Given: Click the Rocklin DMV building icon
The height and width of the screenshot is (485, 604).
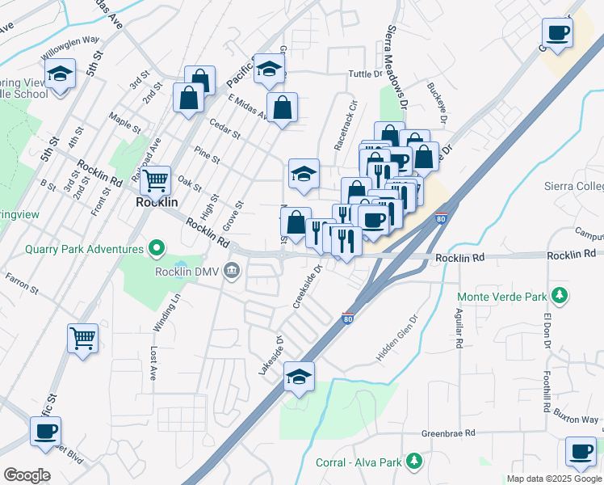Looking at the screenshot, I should tap(232, 270).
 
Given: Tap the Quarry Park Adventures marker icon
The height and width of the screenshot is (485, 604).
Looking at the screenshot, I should tap(157, 249).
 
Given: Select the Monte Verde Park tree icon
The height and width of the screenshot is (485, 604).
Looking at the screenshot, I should tap(558, 295).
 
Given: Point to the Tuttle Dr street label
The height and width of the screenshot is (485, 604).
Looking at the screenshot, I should tap(364, 74).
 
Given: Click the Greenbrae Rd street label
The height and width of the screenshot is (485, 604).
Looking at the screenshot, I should tap(445, 434).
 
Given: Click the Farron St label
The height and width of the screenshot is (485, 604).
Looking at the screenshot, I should tap(22, 284).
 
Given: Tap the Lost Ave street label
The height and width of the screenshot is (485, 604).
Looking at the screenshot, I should tap(153, 364).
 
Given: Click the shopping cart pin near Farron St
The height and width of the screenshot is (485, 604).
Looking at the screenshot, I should tap(82, 339).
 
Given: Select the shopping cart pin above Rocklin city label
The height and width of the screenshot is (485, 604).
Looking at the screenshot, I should tap(155, 181).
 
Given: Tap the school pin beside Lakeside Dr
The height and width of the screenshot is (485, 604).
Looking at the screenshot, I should tap(299, 377).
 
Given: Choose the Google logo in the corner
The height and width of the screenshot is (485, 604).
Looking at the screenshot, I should tap(27, 475).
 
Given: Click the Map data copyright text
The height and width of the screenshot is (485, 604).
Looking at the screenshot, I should tap(554, 479).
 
